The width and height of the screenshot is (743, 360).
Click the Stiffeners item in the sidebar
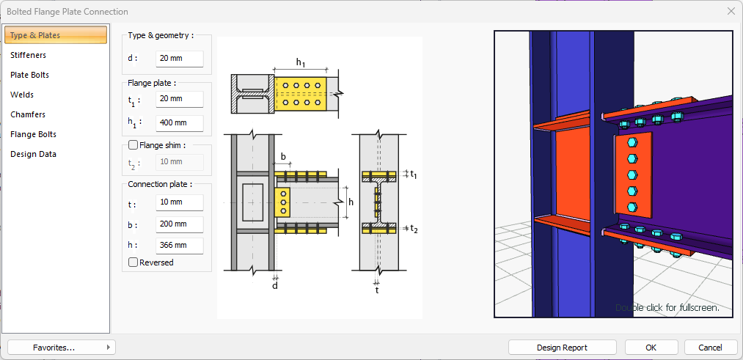(x=28, y=55)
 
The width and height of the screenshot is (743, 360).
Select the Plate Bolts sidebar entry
(x=30, y=75)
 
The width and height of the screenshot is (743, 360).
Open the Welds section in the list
(x=22, y=95)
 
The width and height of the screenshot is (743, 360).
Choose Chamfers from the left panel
(x=28, y=114)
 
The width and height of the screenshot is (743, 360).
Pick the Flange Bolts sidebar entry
(x=33, y=134)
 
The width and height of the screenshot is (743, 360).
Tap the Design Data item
(x=33, y=154)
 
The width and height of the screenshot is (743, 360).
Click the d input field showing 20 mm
(x=179, y=59)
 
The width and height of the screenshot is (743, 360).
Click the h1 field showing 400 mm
(x=179, y=122)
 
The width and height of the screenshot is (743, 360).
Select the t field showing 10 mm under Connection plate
(x=179, y=202)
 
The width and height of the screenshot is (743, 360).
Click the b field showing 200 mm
(x=179, y=224)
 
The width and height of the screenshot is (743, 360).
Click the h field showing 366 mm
(x=179, y=246)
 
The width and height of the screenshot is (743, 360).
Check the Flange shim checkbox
(x=133, y=145)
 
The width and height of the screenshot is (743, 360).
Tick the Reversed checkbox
(x=133, y=262)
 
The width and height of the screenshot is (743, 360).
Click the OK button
(x=651, y=348)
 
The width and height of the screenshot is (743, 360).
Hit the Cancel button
(x=710, y=348)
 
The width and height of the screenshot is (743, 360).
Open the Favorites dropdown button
(x=62, y=348)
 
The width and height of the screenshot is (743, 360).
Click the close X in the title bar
(x=731, y=11)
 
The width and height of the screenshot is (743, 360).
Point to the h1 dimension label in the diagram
(x=301, y=62)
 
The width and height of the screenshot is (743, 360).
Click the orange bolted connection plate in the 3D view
(x=632, y=176)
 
